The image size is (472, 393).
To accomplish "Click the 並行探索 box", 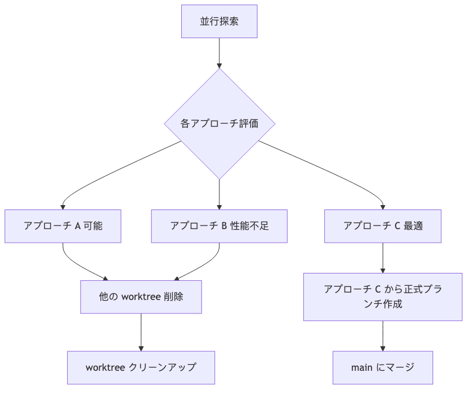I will point(219,22).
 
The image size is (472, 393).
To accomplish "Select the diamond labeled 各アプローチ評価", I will point(219,123).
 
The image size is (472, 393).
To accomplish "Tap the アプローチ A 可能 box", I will point(63,225).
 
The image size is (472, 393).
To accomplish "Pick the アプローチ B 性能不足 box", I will point(219,225).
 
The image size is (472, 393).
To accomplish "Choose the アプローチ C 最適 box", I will point(383,225).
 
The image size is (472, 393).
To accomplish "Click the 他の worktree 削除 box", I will point(141,296).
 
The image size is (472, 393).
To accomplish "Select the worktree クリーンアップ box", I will point(141,367).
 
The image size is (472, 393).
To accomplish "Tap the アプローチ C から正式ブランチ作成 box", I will point(383,296).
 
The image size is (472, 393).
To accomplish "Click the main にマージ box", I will point(383,367).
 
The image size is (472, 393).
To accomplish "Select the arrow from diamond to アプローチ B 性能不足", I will point(219,194).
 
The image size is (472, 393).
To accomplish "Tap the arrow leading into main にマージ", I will point(383,336).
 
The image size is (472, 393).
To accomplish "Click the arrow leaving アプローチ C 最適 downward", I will point(383,257).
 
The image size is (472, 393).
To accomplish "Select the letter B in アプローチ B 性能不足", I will point(224,225).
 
